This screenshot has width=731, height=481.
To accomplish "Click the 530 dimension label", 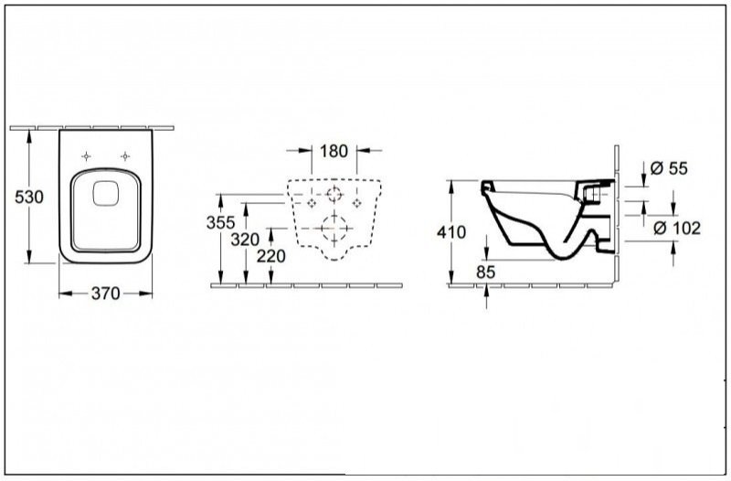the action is click(29, 198).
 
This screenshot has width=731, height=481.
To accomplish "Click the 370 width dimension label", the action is click(105, 294).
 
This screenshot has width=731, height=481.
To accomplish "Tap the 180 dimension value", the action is click(334, 151).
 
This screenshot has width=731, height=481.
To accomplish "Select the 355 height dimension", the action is click(220, 223).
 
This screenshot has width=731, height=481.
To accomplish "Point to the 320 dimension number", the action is click(245, 240).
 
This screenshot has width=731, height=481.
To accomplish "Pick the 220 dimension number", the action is click(270, 256).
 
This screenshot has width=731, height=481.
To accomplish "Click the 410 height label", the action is click(451, 232).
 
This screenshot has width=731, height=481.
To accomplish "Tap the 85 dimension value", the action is click(486, 272).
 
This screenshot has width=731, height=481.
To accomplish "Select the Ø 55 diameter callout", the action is click(669, 168).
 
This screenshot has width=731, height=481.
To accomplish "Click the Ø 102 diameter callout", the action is click(677, 228).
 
